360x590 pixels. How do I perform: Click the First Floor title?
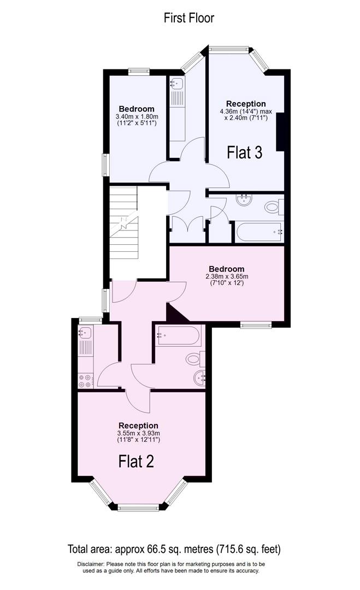(189, 18)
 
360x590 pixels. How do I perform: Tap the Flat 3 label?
(245, 152)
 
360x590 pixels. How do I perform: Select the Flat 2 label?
(136, 462)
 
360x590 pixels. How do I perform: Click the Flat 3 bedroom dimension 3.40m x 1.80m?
(137, 116)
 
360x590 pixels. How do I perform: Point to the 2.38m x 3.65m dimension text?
(226, 276)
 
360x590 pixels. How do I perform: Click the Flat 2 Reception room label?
(139, 426)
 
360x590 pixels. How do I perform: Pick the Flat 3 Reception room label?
(246, 103)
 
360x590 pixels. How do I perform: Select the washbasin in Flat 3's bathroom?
(244, 200)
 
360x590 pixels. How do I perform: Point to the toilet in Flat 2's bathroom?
(194, 359)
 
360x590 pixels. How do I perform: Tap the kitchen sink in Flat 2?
(85, 333)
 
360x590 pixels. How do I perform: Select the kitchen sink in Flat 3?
(177, 84)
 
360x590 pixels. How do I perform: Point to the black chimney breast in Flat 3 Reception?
(281, 132)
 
